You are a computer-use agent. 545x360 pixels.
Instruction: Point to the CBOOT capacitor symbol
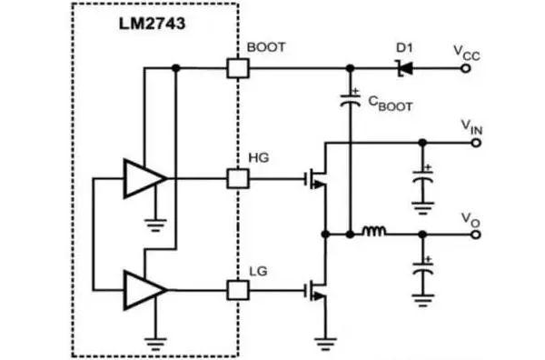click(350, 101)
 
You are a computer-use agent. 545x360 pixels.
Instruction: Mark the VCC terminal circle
click(469, 67)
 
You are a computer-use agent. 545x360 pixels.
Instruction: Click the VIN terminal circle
click(469, 142)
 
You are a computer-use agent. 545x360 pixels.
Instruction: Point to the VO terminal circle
click(469, 234)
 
